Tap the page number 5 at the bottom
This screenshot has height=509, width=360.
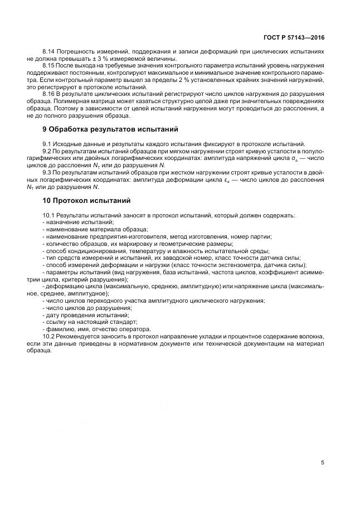[322, 462]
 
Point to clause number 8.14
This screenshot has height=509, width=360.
[49, 52]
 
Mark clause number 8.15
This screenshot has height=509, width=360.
[49, 66]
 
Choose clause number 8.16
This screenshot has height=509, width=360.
[49, 95]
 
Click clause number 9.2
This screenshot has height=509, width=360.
[47, 151]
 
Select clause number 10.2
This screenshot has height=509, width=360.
[49, 337]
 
